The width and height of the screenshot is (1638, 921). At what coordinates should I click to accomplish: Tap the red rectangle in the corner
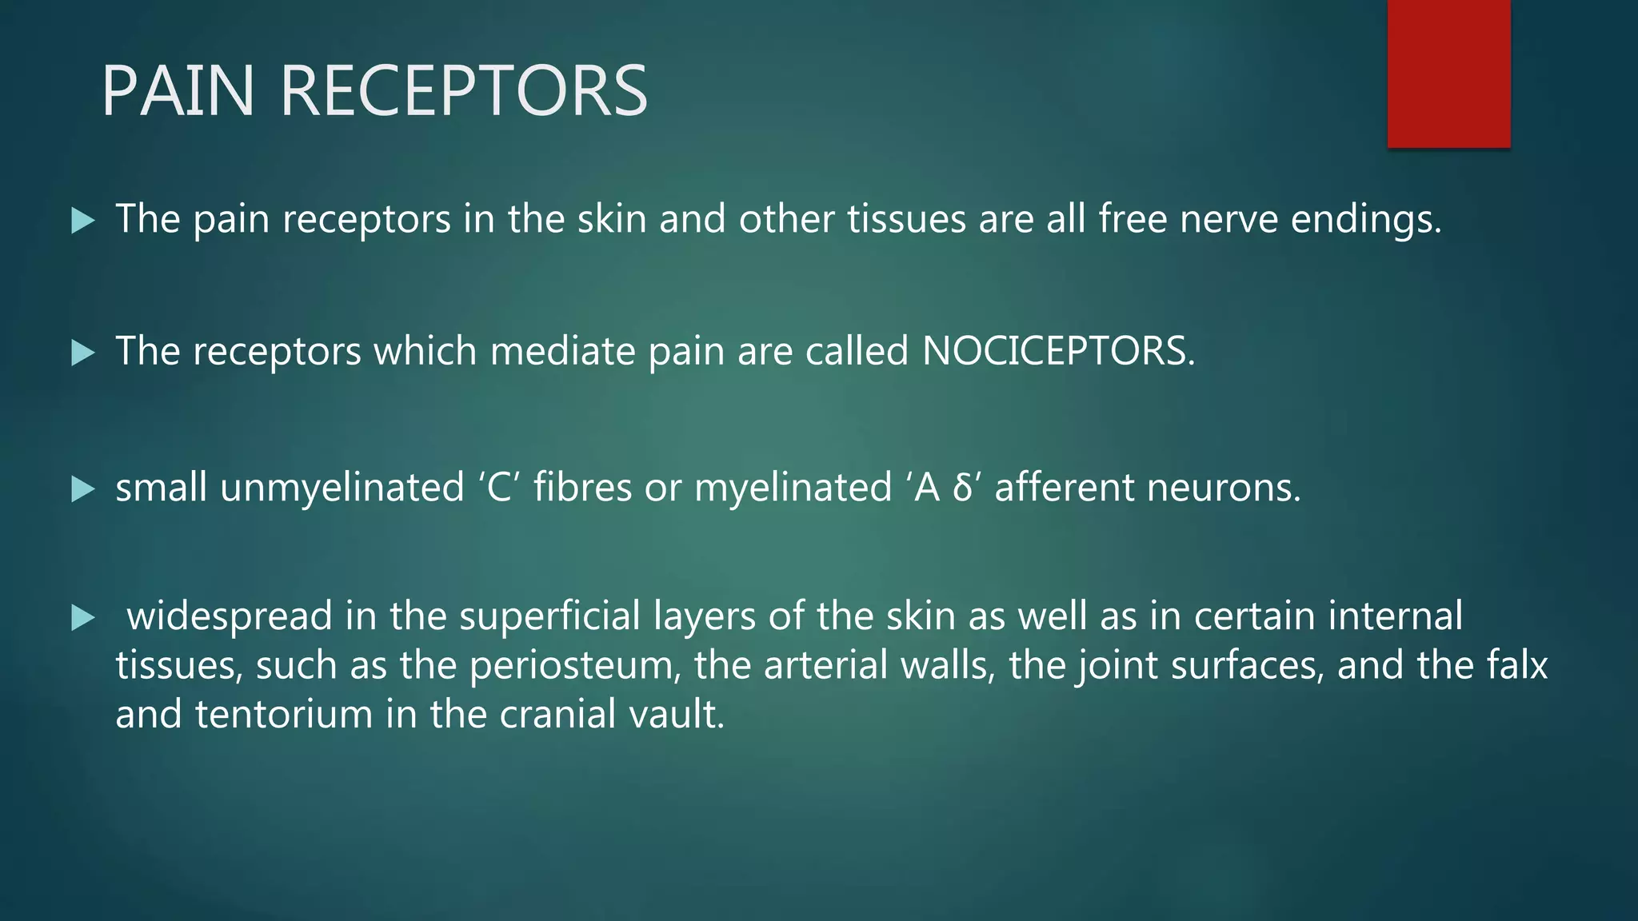[1448, 74]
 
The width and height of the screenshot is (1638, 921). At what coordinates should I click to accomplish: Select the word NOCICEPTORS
[1057, 351]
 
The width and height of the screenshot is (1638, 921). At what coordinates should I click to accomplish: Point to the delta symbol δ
[962, 488]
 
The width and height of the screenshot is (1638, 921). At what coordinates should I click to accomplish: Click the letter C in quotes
[499, 488]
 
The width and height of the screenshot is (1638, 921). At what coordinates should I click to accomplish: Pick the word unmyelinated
[342, 488]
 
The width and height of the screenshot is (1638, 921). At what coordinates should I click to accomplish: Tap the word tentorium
[284, 714]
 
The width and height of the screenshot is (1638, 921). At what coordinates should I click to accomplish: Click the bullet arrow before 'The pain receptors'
[82, 221]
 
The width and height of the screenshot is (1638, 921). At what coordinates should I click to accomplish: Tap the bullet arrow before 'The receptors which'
[82, 353]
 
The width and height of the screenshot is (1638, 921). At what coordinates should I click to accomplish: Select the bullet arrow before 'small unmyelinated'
[82, 489]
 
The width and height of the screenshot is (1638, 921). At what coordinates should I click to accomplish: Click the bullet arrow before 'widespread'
[82, 617]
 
